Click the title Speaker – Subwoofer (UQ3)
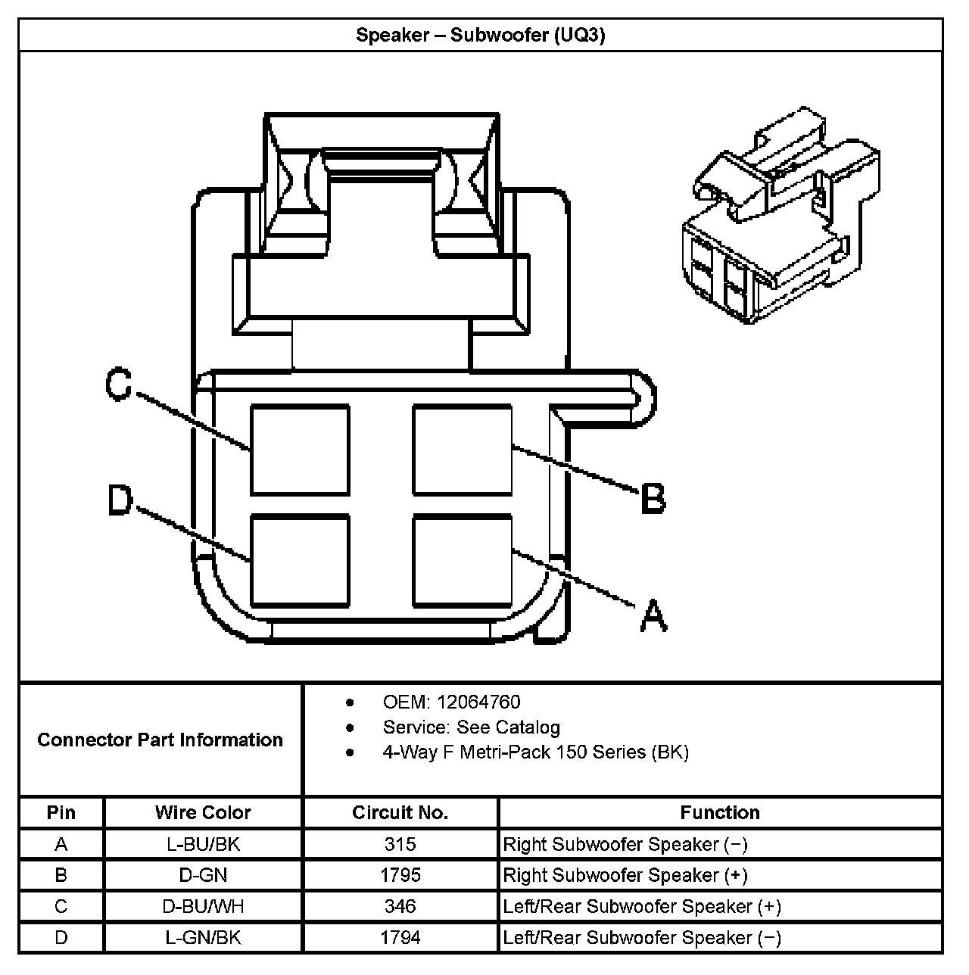point(481,35)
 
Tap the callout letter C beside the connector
point(119,384)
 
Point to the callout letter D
point(120,501)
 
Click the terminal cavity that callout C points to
point(301,450)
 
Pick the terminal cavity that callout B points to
point(462,450)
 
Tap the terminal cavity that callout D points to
point(301,561)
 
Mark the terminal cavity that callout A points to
point(462,561)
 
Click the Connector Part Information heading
point(160,740)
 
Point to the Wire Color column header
point(203,813)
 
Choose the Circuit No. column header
point(400,813)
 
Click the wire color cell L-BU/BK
point(203,844)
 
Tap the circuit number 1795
point(400,875)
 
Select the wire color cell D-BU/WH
point(203,906)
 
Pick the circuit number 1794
point(400,937)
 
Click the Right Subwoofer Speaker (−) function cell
point(625,844)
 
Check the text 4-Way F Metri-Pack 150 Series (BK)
point(535,752)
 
